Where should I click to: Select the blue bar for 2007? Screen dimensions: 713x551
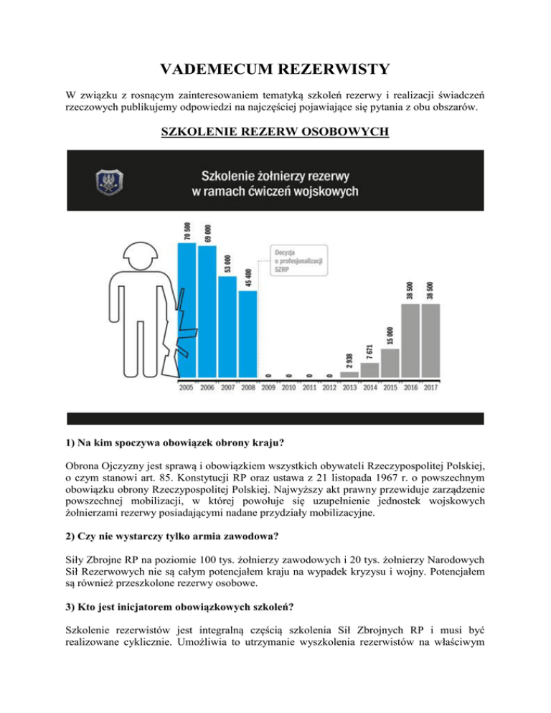click(227, 326)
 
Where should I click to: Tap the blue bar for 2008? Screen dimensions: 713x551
click(248, 334)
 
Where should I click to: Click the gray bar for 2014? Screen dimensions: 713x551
click(369, 369)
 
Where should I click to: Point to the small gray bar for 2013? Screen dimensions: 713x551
click(349, 374)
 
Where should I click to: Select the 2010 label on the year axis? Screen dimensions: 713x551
click(288, 387)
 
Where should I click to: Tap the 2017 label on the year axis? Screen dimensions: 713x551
click(430, 387)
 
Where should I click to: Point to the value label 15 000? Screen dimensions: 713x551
click(390, 335)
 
